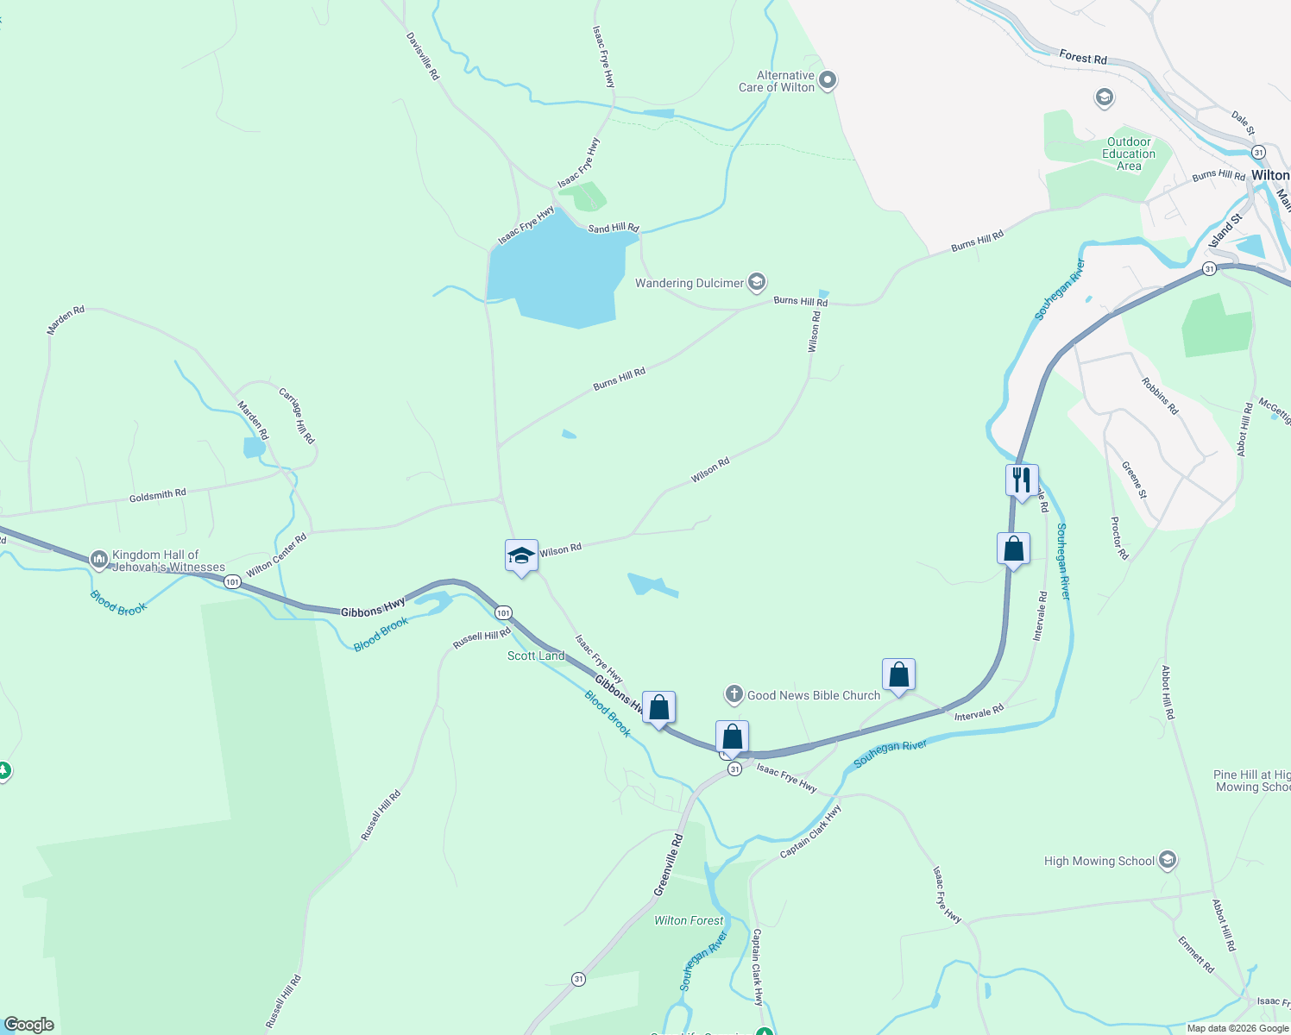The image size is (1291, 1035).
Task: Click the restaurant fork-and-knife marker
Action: [1022, 480]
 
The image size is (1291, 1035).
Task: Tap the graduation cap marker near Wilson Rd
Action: [521, 555]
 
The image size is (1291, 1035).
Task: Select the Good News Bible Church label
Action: [814, 695]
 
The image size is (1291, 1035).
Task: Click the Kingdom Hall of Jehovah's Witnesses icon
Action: [98, 560]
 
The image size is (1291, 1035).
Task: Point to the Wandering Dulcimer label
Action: [690, 283]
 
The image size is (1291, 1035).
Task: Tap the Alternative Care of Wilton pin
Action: [828, 81]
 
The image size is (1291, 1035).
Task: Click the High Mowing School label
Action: [1099, 861]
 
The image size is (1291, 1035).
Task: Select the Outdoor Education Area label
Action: [1129, 154]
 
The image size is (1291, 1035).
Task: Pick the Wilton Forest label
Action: [689, 920]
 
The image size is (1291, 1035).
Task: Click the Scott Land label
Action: [536, 655]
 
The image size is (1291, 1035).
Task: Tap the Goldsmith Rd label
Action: [157, 496]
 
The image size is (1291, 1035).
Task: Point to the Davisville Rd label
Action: [423, 57]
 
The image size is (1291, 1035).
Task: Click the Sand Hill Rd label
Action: [613, 228]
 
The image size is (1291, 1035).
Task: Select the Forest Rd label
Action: [1083, 58]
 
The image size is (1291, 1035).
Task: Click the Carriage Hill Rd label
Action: [297, 415]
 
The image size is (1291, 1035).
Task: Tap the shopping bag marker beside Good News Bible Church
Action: [898, 675]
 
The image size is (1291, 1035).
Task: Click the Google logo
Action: [29, 1025]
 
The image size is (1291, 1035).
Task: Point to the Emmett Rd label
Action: [1196, 955]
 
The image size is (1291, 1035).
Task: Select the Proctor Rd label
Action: [1119, 538]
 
